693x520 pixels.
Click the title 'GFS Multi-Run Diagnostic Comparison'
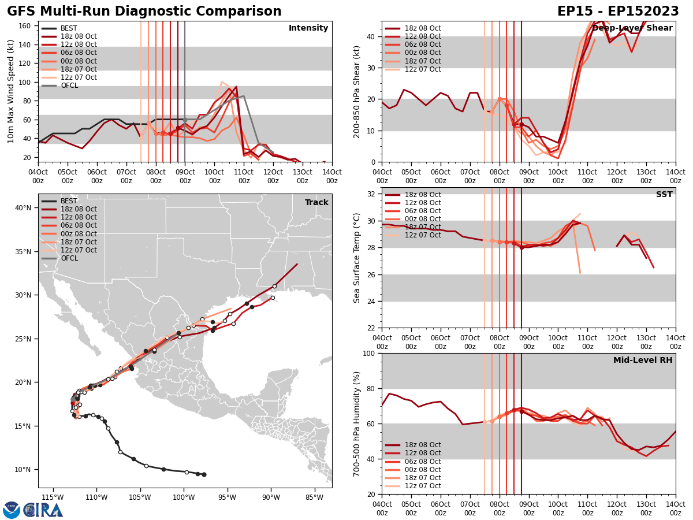144,12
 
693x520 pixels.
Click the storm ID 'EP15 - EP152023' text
618,12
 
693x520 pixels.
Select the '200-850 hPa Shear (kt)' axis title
356,92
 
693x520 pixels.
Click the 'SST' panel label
664,195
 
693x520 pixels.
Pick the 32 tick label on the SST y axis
372,194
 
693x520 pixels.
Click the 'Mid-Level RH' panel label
643,361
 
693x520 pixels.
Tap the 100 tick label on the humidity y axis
370,353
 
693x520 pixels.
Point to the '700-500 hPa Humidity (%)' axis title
356,424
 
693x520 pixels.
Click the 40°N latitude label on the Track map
23,208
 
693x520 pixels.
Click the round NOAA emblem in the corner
12,510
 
